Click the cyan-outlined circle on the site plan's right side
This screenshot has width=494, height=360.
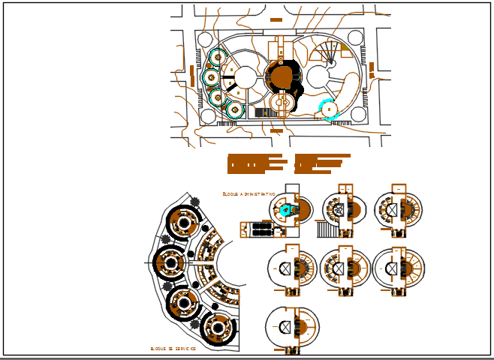coord(330,110)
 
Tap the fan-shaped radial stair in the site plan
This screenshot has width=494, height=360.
coord(327,52)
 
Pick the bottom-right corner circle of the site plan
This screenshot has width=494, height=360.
coord(357,114)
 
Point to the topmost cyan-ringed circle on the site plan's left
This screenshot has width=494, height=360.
coord(217,58)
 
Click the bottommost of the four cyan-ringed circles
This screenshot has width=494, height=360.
coord(236,110)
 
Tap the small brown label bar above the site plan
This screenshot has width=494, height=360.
coord(276,19)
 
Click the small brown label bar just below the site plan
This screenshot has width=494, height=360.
coord(276,131)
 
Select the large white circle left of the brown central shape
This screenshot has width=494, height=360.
coord(245,76)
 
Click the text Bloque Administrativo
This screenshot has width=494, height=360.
coord(249,193)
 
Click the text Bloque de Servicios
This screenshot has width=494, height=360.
coord(173,349)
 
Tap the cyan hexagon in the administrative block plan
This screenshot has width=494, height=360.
coord(285,211)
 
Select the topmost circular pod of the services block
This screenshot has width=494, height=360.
coord(182,220)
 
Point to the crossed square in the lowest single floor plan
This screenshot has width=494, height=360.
coord(285,328)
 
